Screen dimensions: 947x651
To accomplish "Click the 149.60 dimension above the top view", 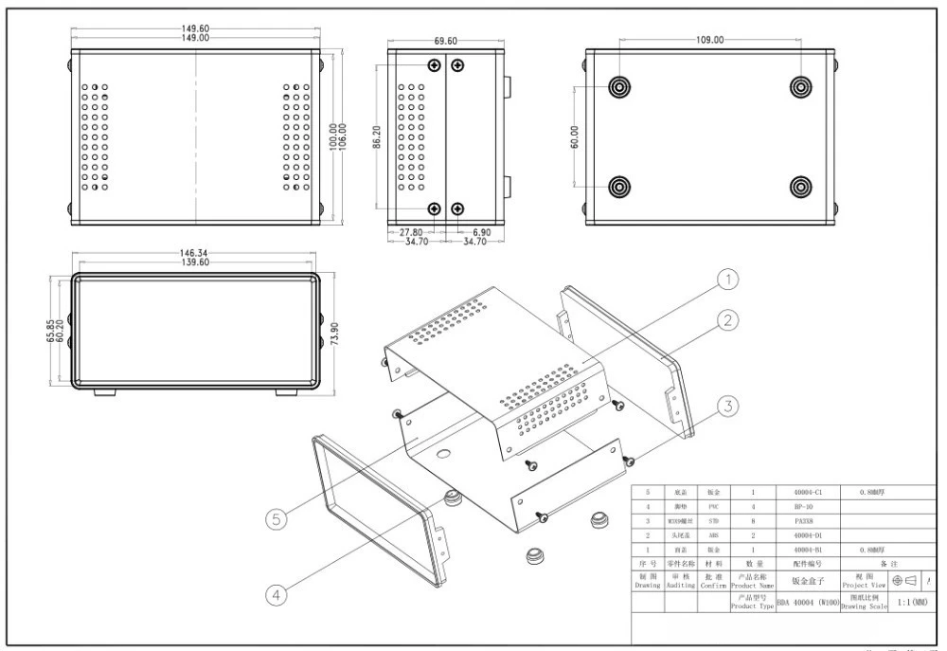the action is (x=196, y=28).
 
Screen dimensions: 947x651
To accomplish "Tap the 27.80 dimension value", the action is (x=410, y=232).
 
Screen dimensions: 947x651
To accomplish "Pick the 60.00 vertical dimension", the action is (x=574, y=136).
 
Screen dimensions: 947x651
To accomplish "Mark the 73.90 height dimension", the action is (x=334, y=335).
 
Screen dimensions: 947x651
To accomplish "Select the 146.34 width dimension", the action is (x=193, y=253).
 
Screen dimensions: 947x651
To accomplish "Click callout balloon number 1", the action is (x=726, y=280).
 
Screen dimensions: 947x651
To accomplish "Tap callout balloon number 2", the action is (x=726, y=320).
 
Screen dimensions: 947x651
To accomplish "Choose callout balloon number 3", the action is (x=726, y=407).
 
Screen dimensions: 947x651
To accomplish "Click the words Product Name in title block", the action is (x=753, y=585).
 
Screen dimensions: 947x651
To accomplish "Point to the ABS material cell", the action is (x=713, y=535).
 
